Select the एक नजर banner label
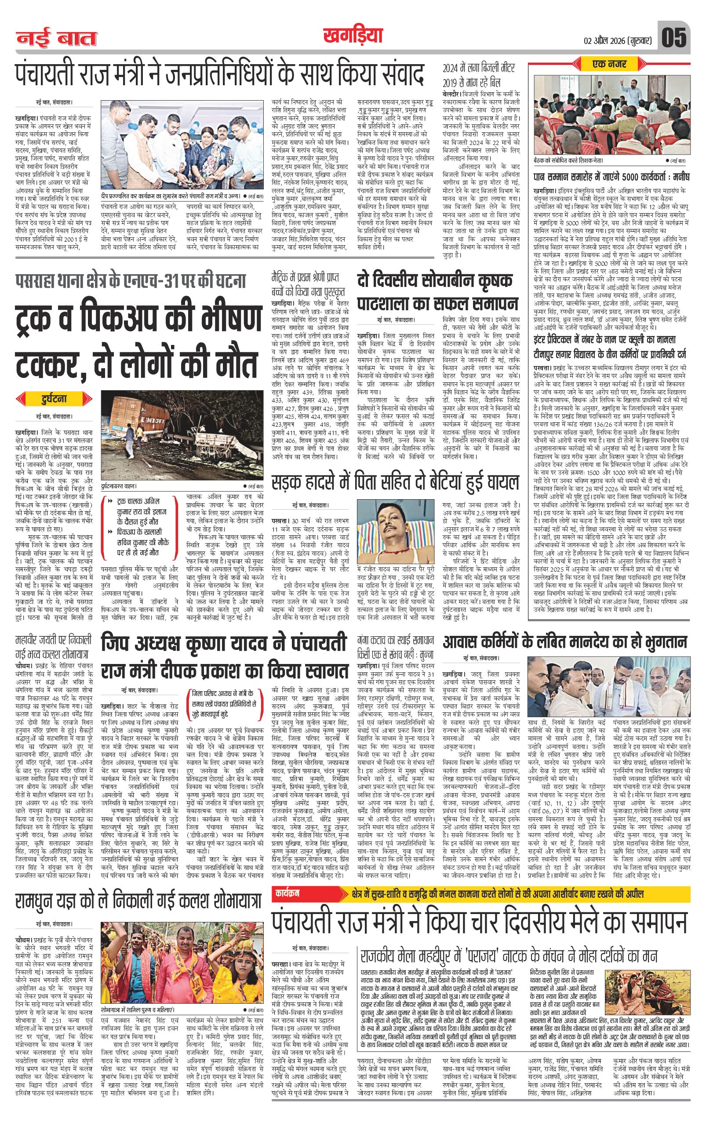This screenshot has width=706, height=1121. point(610,64)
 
